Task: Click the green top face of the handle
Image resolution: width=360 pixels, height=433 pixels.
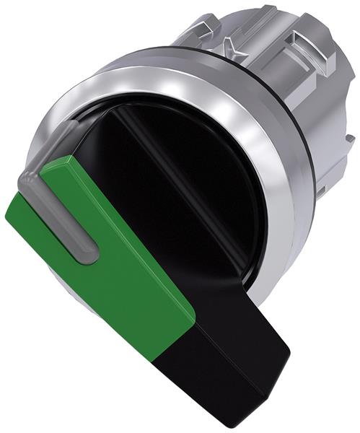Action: coord(123,238)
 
